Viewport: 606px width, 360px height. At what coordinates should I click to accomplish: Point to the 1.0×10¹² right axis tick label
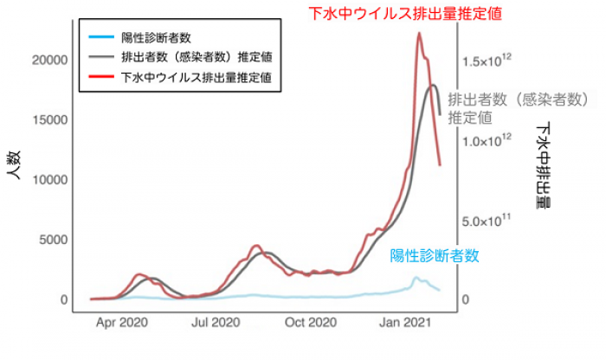488,139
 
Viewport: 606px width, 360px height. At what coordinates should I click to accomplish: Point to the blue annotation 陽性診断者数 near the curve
434,256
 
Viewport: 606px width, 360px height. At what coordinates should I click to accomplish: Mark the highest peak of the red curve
419,34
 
